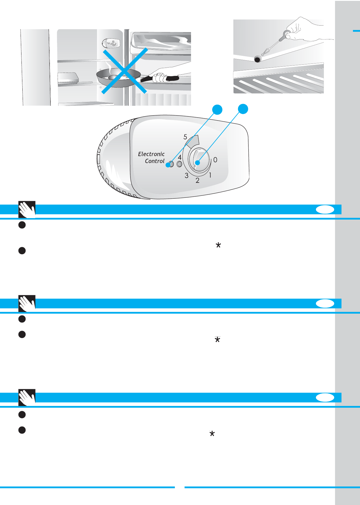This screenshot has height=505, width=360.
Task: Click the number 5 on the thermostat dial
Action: point(185,137)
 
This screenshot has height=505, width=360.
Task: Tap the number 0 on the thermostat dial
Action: point(215,160)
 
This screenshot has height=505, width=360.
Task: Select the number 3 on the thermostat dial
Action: point(186,176)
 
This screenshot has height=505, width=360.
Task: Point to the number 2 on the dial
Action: point(197,180)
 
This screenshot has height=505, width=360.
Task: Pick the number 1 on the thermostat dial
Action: point(210,175)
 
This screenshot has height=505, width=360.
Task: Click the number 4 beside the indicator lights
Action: point(180,157)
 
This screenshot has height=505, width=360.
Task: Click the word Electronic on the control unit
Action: point(151,154)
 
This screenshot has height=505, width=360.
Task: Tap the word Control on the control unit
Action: point(155,161)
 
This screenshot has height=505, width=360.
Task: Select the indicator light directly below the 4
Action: point(179,164)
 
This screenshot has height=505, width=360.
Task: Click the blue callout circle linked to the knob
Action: point(243,109)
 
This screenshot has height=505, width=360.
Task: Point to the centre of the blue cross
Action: point(125,71)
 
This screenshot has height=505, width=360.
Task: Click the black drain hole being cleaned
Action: point(257,59)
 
